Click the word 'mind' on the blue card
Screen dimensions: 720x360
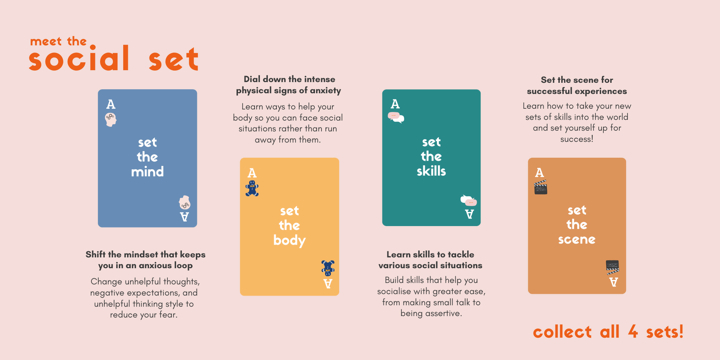[147, 172]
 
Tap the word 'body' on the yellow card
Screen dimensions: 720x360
[289, 240]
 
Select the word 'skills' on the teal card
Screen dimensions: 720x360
[431, 171]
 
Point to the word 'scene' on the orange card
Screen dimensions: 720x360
[577, 239]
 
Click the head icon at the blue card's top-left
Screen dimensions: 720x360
[111, 120]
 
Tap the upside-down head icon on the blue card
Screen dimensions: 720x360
[185, 203]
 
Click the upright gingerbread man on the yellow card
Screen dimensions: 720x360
[252, 188]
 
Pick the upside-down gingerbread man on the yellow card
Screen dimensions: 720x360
[328, 268]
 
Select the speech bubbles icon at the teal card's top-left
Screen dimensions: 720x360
[396, 117]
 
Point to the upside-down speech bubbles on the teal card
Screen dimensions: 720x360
[469, 200]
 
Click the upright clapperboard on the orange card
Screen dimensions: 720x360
[540, 187]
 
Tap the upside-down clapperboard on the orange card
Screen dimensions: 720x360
[612, 267]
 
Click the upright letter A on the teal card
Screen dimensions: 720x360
[395, 104]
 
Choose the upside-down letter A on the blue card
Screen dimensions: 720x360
[184, 217]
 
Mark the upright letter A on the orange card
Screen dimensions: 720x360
[539, 172]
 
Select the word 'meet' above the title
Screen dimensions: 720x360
[46, 42]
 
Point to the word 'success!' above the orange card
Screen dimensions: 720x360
[577, 139]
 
